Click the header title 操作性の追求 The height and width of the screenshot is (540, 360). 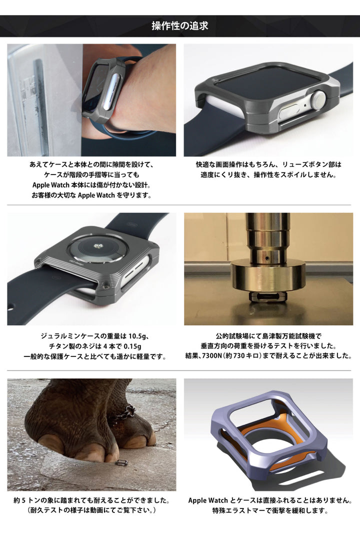click(180, 25)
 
